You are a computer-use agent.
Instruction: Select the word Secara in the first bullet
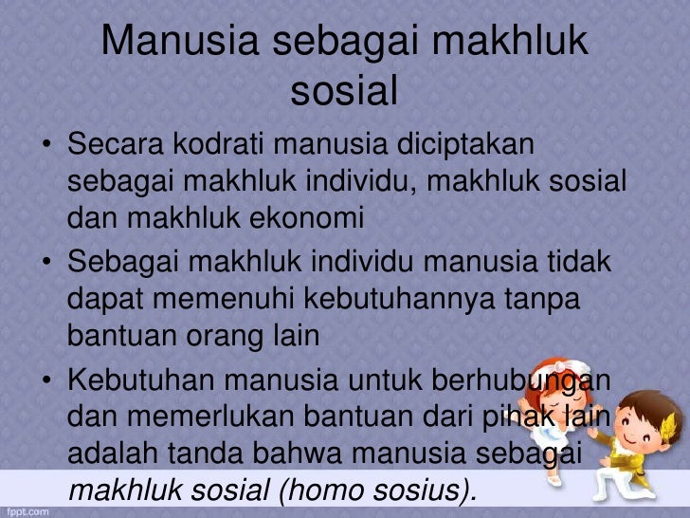point(113,147)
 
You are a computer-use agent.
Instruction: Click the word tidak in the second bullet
point(580,261)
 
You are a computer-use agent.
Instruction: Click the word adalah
point(111,456)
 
